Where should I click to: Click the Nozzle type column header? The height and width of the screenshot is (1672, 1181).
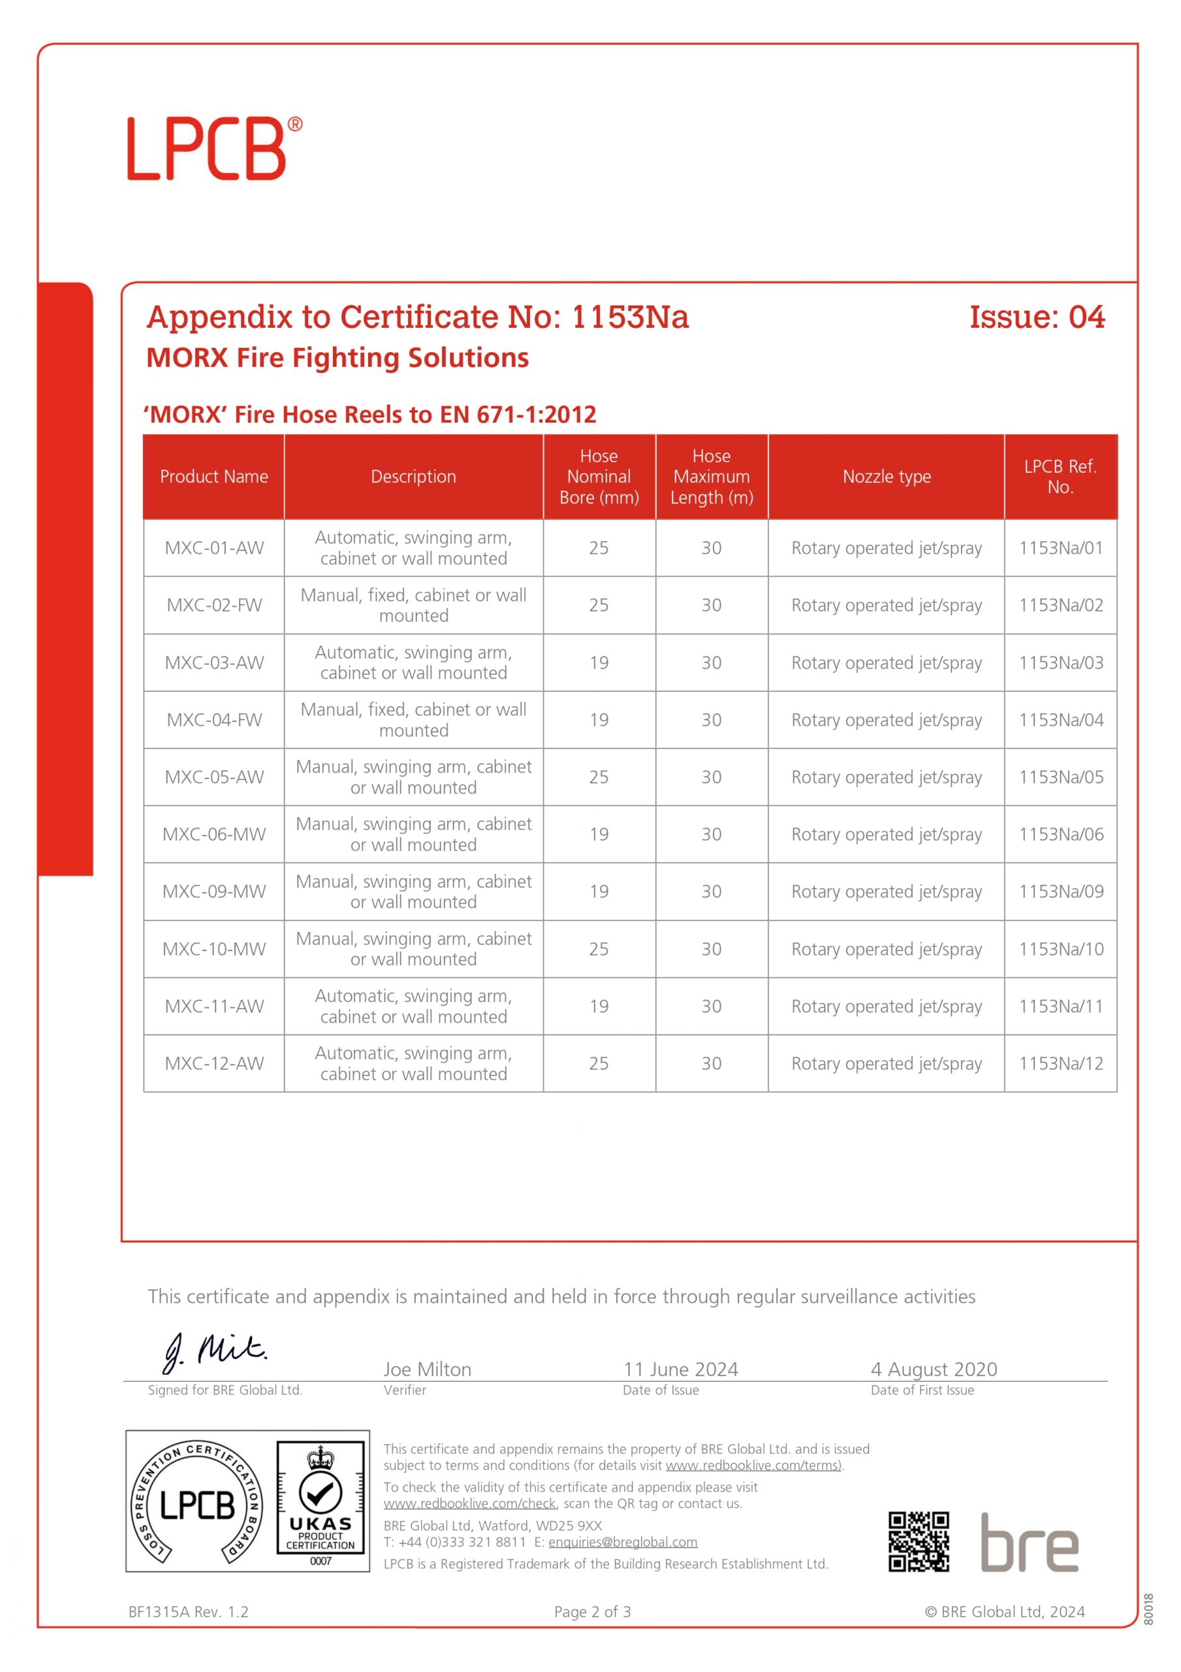pyautogui.click(x=886, y=477)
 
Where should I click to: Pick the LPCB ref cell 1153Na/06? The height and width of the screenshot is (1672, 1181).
pyautogui.click(x=1060, y=834)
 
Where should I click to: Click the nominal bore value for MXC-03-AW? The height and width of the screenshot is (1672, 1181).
pyautogui.click(x=599, y=663)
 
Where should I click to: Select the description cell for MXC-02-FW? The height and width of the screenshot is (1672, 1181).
pyautogui.click(x=413, y=605)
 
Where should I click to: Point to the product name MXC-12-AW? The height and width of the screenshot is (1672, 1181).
pyautogui.click(x=214, y=1063)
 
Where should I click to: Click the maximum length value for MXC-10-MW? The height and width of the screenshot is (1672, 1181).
pyautogui.click(x=712, y=949)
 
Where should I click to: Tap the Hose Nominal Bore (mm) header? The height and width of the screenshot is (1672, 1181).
pyautogui.click(x=599, y=477)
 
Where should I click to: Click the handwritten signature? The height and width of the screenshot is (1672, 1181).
pyautogui.click(x=215, y=1353)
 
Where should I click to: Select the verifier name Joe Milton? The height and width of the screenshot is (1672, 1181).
pyautogui.click(x=428, y=1369)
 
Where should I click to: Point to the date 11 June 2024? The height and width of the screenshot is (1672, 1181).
pyautogui.click(x=680, y=1369)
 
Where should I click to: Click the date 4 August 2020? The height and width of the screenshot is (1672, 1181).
pyautogui.click(x=934, y=1369)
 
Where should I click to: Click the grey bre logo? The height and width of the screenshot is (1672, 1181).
pyautogui.click(x=1029, y=1543)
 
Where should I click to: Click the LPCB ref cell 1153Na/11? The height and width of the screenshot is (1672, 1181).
pyautogui.click(x=1060, y=1006)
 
